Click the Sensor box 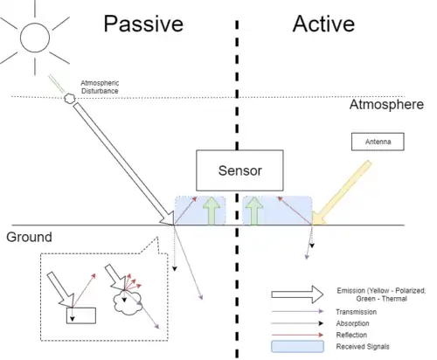point(239,170)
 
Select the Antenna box point(378,142)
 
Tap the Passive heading point(143,24)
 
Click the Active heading point(323,24)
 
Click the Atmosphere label point(386,105)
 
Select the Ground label point(29,237)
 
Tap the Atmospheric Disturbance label point(100,87)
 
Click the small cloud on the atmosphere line point(70,99)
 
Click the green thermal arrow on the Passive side point(212,211)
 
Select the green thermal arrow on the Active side point(254,211)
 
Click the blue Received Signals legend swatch point(297,347)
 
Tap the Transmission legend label point(356,312)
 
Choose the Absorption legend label point(352,323)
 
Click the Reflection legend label point(351,335)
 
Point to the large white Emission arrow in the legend point(297,294)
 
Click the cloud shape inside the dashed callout point(128,303)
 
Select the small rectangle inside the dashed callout point(81,315)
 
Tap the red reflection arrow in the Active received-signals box point(295,211)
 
